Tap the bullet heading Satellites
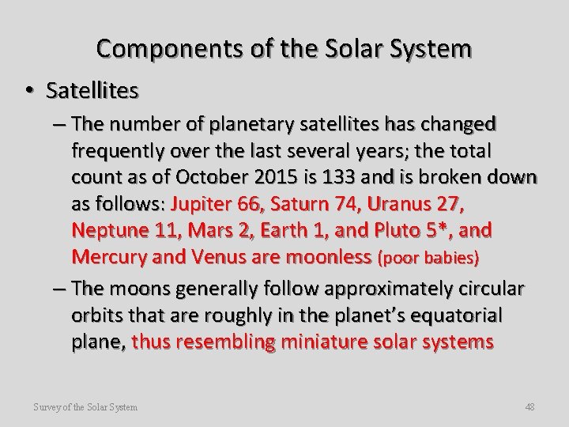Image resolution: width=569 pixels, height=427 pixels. (x=92, y=92)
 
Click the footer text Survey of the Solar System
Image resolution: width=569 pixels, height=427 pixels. (x=86, y=406)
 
